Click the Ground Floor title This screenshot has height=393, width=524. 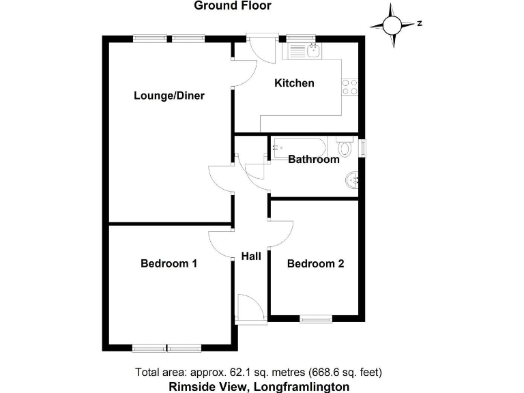click(x=233, y=6)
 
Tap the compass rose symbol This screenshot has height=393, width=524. click(x=394, y=25)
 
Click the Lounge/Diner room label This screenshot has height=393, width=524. click(x=169, y=96)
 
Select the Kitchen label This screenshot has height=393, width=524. click(x=294, y=83)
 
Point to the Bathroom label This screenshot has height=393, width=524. click(x=313, y=160)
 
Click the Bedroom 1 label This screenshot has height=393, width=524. click(x=169, y=263)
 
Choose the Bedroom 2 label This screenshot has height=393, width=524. click(x=315, y=263)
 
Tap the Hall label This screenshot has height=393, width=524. click(x=251, y=257)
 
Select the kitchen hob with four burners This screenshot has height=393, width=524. click(x=351, y=87)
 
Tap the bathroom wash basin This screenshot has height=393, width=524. click(x=352, y=181)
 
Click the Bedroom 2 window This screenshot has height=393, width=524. click(x=315, y=317)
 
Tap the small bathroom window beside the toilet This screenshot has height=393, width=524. click(x=363, y=147)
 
